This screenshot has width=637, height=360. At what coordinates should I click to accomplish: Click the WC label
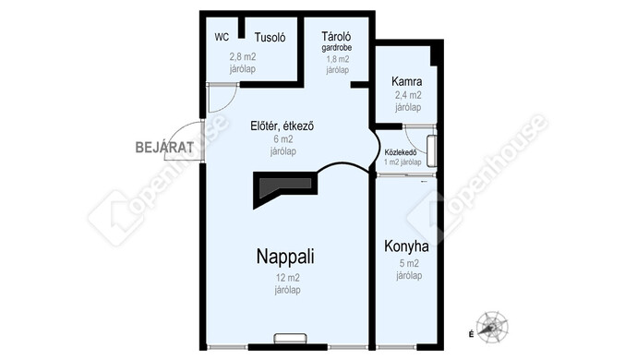tap(222, 37)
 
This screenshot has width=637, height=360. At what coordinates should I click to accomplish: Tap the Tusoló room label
tap(270, 38)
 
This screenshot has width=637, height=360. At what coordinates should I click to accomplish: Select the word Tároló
tap(336, 37)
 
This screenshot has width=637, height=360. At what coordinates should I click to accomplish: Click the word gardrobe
tap(337, 48)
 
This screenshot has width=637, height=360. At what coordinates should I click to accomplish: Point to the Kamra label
tap(406, 81)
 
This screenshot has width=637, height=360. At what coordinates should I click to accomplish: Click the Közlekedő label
tap(401, 153)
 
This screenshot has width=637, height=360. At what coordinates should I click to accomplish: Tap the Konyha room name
tap(406, 246)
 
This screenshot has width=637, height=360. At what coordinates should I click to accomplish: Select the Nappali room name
tap(285, 257)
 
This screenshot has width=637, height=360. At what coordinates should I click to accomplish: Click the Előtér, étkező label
tap(282, 126)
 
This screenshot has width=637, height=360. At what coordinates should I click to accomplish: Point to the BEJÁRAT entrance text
tap(164, 147)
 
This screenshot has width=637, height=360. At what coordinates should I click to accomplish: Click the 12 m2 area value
tap(288, 279)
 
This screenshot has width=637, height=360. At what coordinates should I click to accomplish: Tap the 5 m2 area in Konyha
tap(409, 264)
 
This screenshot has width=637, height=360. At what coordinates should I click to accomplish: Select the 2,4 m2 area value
tap(408, 95)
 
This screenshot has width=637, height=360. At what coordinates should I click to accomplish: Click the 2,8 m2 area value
tap(243, 57)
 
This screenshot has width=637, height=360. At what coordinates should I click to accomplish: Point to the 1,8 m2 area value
tap(338, 59)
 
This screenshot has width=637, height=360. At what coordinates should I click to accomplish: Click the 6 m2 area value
tap(283, 139)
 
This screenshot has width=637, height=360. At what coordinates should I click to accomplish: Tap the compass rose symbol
tap(492, 328)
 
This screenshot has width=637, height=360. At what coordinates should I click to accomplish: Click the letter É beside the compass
tap(471, 334)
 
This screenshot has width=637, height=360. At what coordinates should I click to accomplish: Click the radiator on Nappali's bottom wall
tap(290, 339)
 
